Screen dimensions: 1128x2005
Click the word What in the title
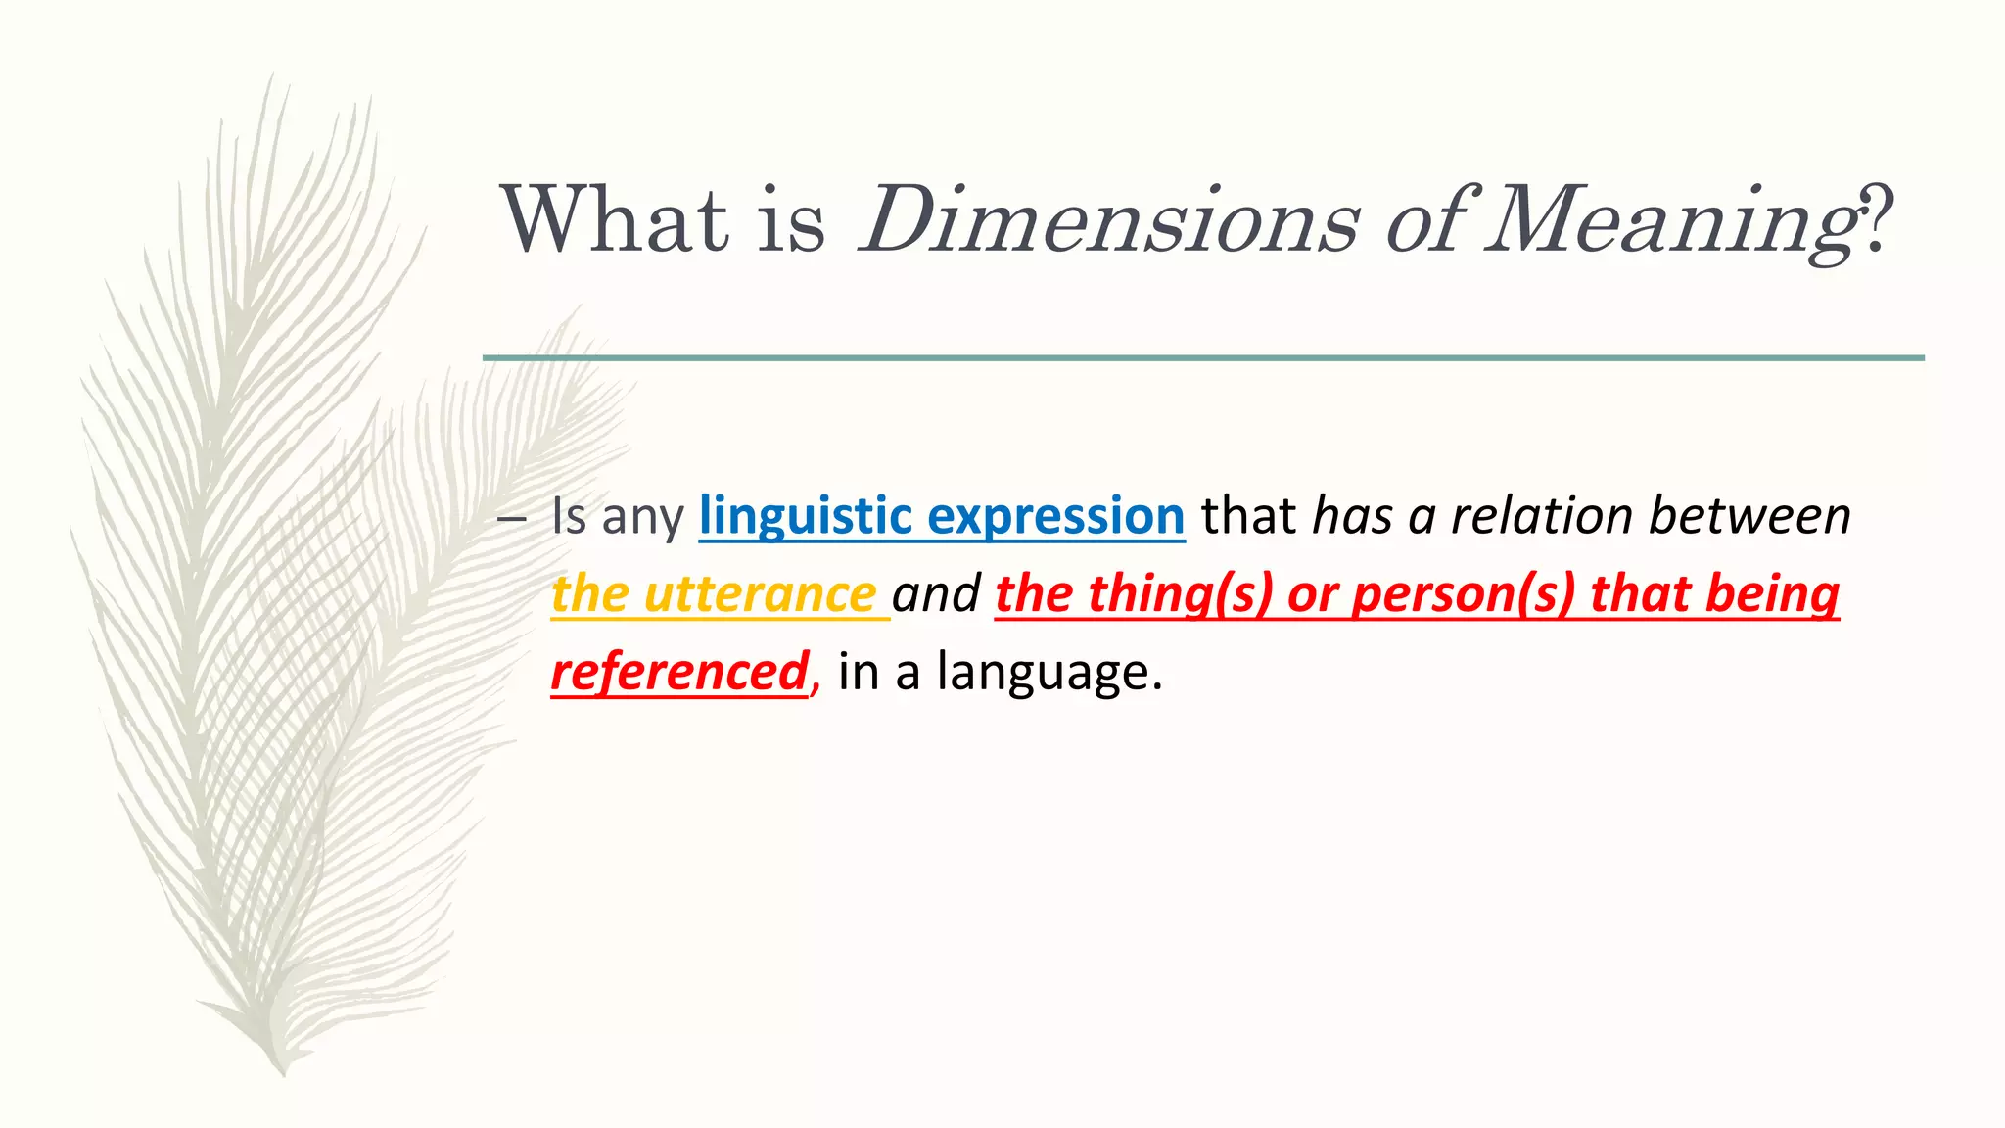(x=615, y=219)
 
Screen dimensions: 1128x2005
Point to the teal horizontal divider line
(x=1202, y=358)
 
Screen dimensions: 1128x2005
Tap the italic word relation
(x=1541, y=516)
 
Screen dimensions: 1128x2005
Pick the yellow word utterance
(x=760, y=594)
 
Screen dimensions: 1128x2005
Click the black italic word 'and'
(x=936, y=594)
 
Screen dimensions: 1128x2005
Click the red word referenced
(x=679, y=673)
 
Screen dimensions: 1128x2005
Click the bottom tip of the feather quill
(x=282, y=1070)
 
